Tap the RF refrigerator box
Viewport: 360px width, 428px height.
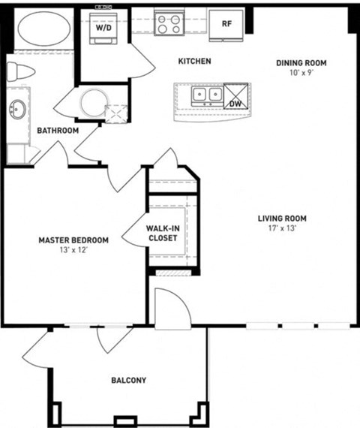pyautogui.click(x=226, y=23)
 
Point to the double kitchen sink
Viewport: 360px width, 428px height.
pyautogui.click(x=207, y=95)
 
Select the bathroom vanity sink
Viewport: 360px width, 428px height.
pyautogui.click(x=16, y=111)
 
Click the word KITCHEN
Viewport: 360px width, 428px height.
pyautogui.click(x=194, y=61)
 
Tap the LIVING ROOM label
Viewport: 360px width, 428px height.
pyautogui.click(x=283, y=219)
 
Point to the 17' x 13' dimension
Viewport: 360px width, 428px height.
pyautogui.click(x=283, y=228)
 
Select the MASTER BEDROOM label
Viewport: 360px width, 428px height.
pyautogui.click(x=73, y=240)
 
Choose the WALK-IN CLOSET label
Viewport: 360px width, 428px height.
pyautogui.click(x=163, y=233)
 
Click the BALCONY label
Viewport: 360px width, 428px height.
pyautogui.click(x=128, y=381)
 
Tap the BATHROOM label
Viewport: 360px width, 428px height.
pyautogui.click(x=58, y=131)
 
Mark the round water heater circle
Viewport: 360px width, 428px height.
pyautogui.click(x=94, y=104)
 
